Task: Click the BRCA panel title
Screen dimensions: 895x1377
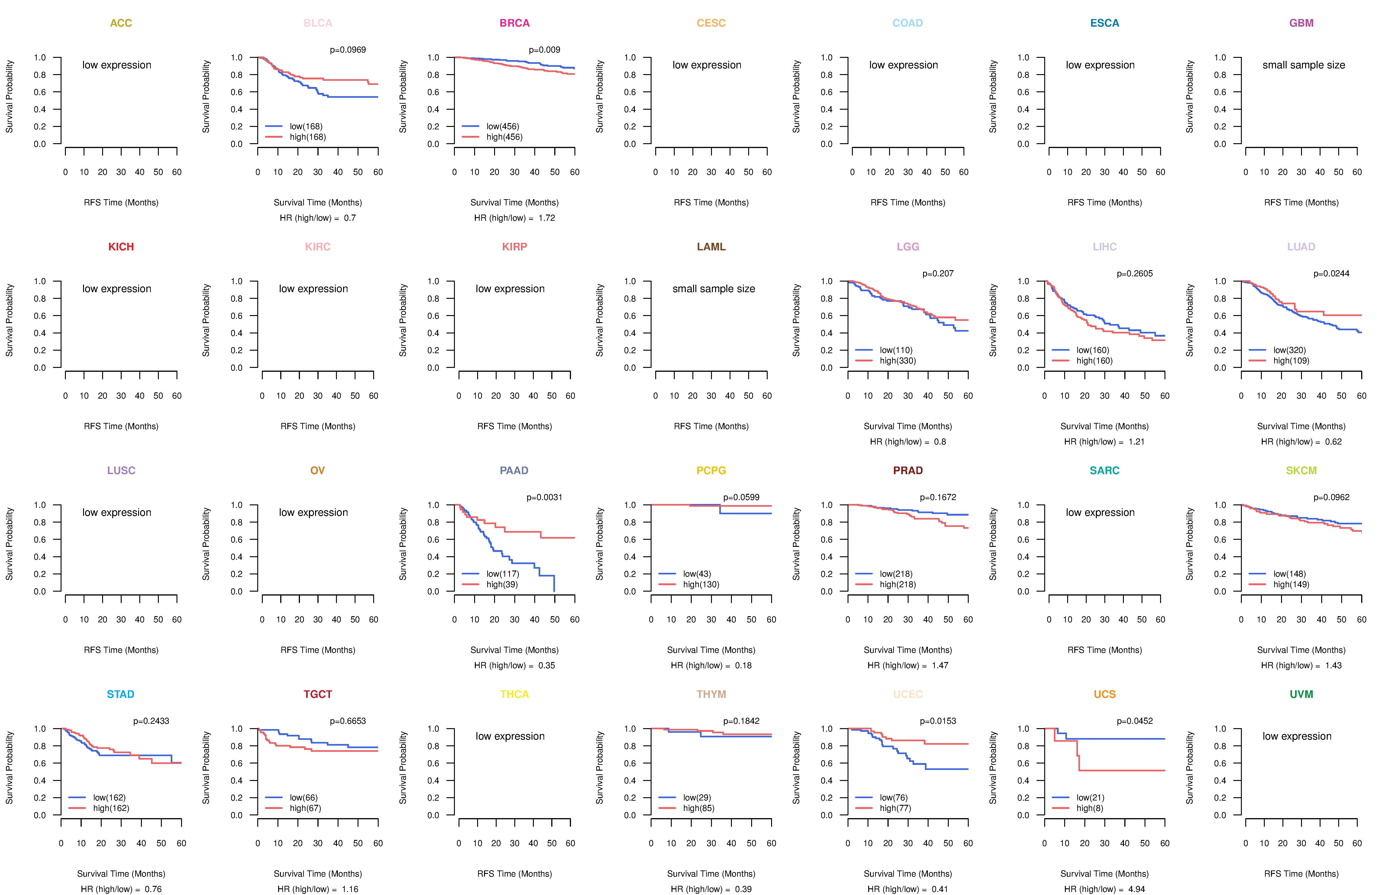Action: [514, 23]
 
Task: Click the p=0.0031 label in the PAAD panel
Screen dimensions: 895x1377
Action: [544, 497]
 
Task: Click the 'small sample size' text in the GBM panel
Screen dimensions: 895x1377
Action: [1304, 65]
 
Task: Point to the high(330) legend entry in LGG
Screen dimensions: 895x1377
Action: [897, 361]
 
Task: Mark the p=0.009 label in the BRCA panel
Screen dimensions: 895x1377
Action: [544, 50]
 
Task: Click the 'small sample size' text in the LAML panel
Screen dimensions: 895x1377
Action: [713, 289]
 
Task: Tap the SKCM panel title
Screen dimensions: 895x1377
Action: [1301, 470]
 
